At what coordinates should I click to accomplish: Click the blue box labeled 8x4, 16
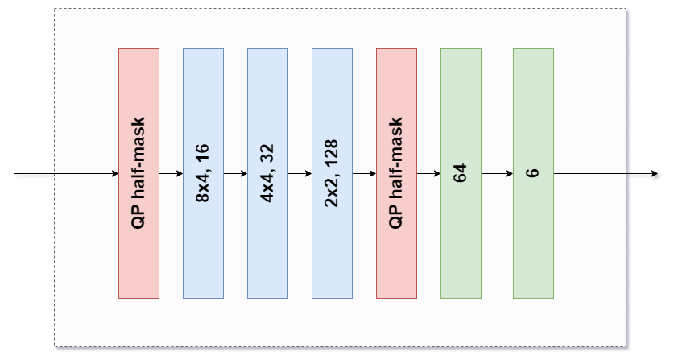(203, 173)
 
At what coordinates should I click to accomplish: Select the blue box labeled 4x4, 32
(267, 173)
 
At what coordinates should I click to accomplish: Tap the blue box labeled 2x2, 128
(332, 173)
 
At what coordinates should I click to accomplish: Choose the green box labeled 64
(461, 173)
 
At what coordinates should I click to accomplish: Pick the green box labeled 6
(534, 173)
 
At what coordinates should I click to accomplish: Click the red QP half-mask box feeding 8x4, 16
(138, 173)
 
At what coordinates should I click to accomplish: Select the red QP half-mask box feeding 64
(396, 173)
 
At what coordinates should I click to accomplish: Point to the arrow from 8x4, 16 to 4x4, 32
(236, 173)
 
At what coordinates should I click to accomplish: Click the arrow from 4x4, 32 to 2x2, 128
(300, 173)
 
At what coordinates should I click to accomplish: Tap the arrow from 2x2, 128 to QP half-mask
(365, 173)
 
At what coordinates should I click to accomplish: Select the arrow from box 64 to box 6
(498, 173)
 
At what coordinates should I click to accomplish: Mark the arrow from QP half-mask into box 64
(429, 173)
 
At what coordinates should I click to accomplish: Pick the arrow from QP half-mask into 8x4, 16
(172, 173)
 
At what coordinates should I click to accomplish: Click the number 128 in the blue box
(331, 153)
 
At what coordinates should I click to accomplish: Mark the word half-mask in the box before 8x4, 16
(138, 158)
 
